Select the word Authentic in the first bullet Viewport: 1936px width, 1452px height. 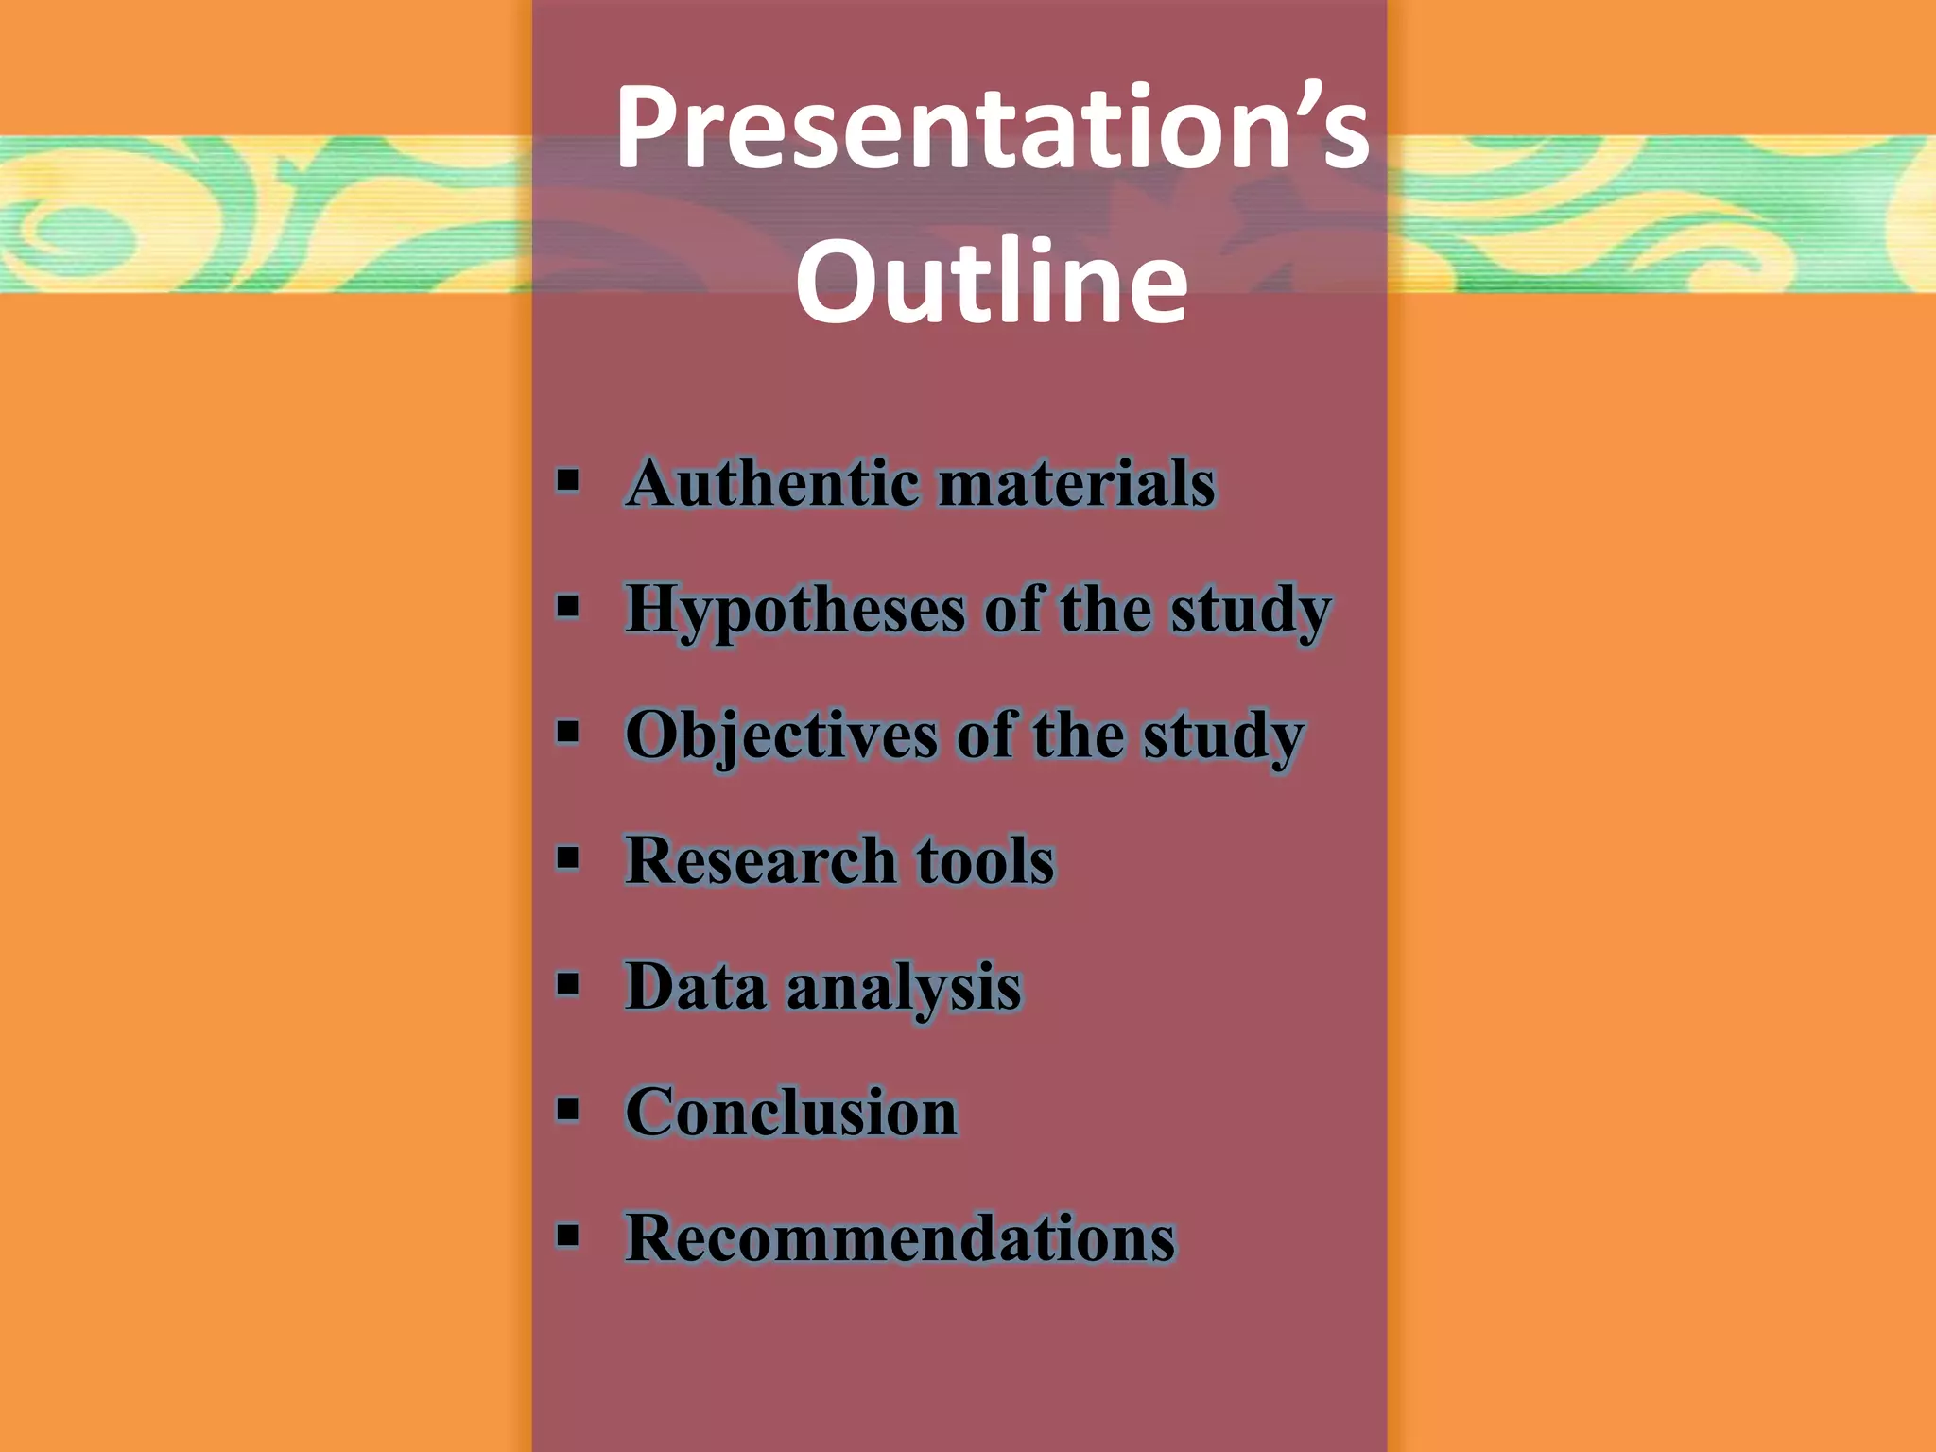coord(771,483)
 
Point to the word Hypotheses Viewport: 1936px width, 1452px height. coord(794,610)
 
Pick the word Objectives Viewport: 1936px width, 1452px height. coord(780,735)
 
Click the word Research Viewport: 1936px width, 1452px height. coord(760,860)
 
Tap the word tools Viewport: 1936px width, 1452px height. coord(984,860)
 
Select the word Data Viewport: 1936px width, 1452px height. coord(695,986)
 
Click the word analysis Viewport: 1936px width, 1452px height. coord(904,988)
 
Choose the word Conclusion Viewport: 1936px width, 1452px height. coord(791,1112)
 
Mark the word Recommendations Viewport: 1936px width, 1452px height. coord(900,1237)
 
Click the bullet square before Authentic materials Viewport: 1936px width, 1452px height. coord(568,480)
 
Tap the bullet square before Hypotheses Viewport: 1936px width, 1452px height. coord(568,606)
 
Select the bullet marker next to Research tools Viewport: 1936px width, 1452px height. coord(568,857)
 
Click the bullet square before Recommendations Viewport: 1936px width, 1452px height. coord(568,1235)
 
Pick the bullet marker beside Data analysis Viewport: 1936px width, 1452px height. coord(568,983)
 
